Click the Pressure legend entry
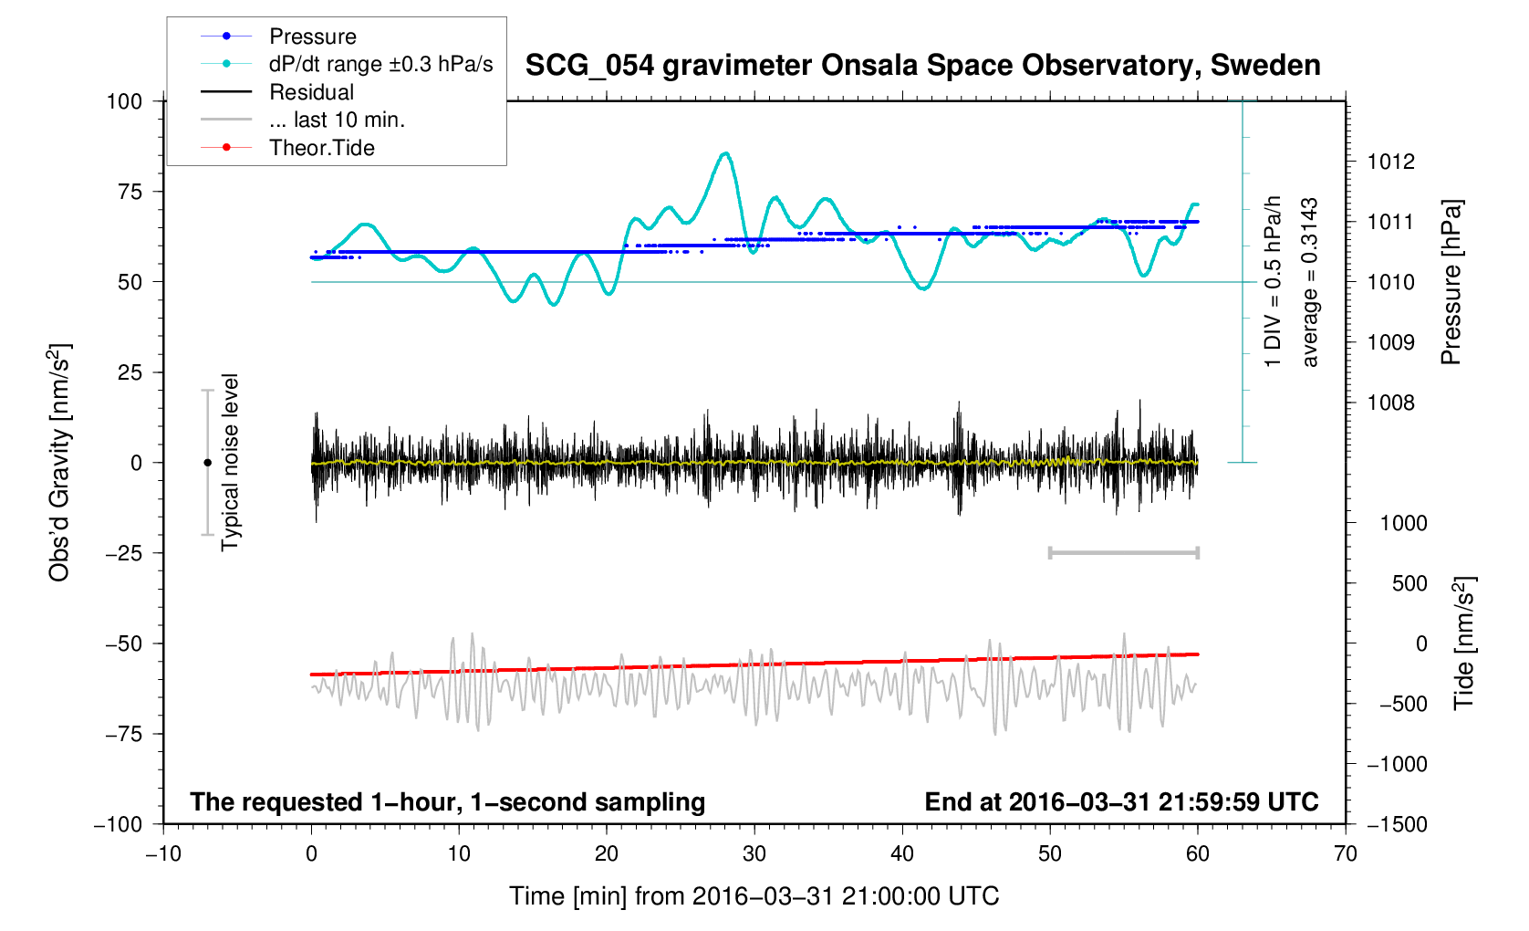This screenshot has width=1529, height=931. pyautogui.click(x=312, y=37)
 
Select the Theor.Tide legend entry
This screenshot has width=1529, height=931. pyautogui.click(x=321, y=148)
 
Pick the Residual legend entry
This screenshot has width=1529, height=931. pyautogui.click(x=311, y=92)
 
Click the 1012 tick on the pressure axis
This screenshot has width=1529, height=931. pyautogui.click(x=1391, y=162)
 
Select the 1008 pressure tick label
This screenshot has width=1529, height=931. pyautogui.click(x=1391, y=403)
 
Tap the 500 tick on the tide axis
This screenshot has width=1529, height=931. pyautogui.click(x=1409, y=583)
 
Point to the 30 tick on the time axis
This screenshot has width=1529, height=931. pyautogui.click(x=754, y=853)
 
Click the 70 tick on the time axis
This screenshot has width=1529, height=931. pyautogui.click(x=1346, y=853)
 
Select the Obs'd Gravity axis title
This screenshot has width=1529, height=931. pyautogui.click(x=59, y=463)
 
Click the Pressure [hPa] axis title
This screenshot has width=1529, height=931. pyautogui.click(x=1451, y=282)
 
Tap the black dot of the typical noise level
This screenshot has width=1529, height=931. pyautogui.click(x=207, y=463)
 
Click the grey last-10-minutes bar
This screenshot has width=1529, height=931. pyautogui.click(x=1124, y=552)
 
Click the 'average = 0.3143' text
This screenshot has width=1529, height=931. pyautogui.click(x=1310, y=282)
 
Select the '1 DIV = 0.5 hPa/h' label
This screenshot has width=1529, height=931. pyautogui.click(x=1273, y=282)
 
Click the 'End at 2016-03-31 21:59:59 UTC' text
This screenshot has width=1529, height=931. pyautogui.click(x=1121, y=802)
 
